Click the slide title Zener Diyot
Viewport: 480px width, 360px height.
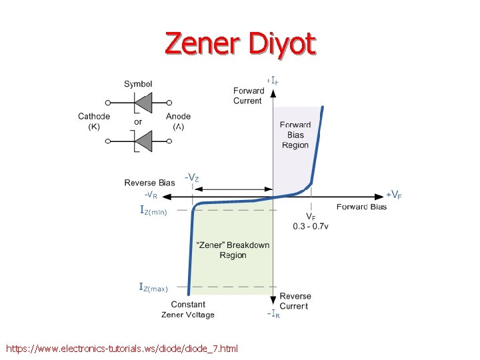click(x=240, y=44)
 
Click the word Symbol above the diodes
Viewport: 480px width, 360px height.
click(x=138, y=84)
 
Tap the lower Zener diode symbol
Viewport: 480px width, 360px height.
click(x=141, y=141)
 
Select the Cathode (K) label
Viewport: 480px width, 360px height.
click(x=94, y=121)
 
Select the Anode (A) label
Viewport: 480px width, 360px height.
click(x=178, y=121)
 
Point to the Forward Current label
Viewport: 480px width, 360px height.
click(x=247, y=96)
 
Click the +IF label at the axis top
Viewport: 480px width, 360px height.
click(x=272, y=81)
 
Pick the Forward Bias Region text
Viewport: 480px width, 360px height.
click(x=295, y=135)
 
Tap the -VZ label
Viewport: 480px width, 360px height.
click(x=191, y=178)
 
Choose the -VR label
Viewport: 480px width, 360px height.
click(x=151, y=195)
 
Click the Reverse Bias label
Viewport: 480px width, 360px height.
click(x=149, y=183)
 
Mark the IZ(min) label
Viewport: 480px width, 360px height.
click(x=153, y=211)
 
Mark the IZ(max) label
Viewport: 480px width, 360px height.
click(x=153, y=287)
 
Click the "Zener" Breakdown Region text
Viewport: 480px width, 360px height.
click(x=233, y=250)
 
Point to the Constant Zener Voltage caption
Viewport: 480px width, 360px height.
click(x=188, y=309)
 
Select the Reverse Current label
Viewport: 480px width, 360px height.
click(x=294, y=301)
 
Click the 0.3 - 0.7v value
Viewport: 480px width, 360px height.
click(x=311, y=227)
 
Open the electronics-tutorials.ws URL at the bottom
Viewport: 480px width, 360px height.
click(x=121, y=348)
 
